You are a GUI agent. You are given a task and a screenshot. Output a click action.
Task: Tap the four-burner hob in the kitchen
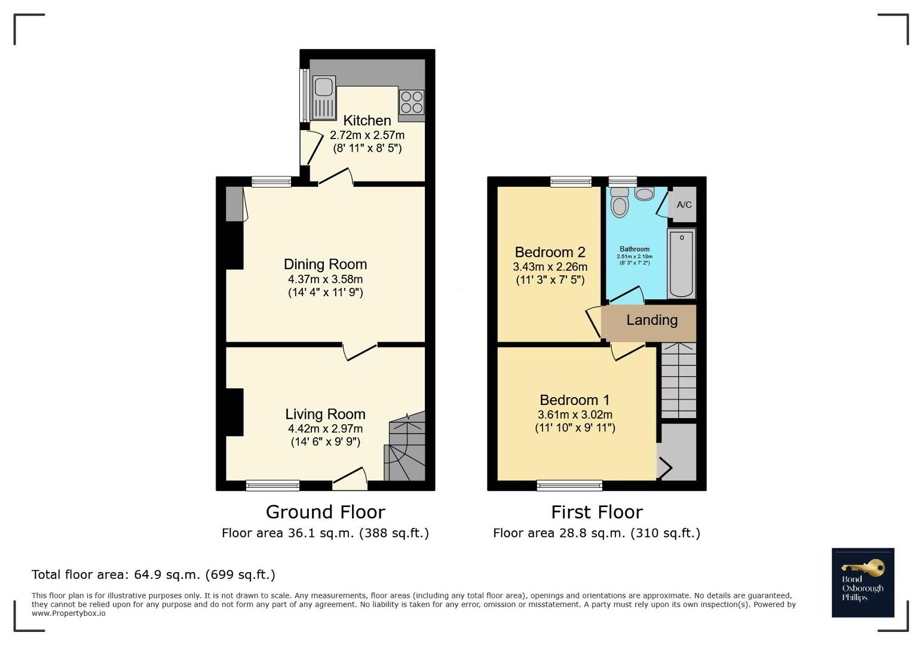coord(411,102)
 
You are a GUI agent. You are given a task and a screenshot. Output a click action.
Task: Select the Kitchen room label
coord(367,121)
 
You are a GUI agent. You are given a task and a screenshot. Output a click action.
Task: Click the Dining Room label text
coord(325,264)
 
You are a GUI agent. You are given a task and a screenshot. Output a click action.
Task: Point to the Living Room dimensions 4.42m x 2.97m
coord(325,429)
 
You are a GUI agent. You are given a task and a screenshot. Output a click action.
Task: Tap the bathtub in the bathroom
coord(681,263)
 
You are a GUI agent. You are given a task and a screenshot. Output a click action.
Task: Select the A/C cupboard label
coord(684,204)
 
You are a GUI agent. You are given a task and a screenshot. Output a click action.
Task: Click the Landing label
coord(652,320)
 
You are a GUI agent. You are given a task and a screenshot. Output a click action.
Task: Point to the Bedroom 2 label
coord(550,252)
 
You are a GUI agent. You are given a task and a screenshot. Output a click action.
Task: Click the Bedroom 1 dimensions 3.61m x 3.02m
coord(575,414)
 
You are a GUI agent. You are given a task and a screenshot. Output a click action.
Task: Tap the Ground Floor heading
coord(325,512)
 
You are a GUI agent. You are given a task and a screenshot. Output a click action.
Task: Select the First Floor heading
coord(596,512)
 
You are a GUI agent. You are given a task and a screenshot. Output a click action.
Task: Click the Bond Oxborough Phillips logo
coord(863,582)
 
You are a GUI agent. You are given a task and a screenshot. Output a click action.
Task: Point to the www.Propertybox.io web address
coord(68,613)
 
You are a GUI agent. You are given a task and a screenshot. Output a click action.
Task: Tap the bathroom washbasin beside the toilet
coord(644,193)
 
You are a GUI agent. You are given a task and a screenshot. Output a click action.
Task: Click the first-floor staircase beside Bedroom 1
coord(678,380)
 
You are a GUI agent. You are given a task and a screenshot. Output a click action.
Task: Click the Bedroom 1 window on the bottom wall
coord(569,486)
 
